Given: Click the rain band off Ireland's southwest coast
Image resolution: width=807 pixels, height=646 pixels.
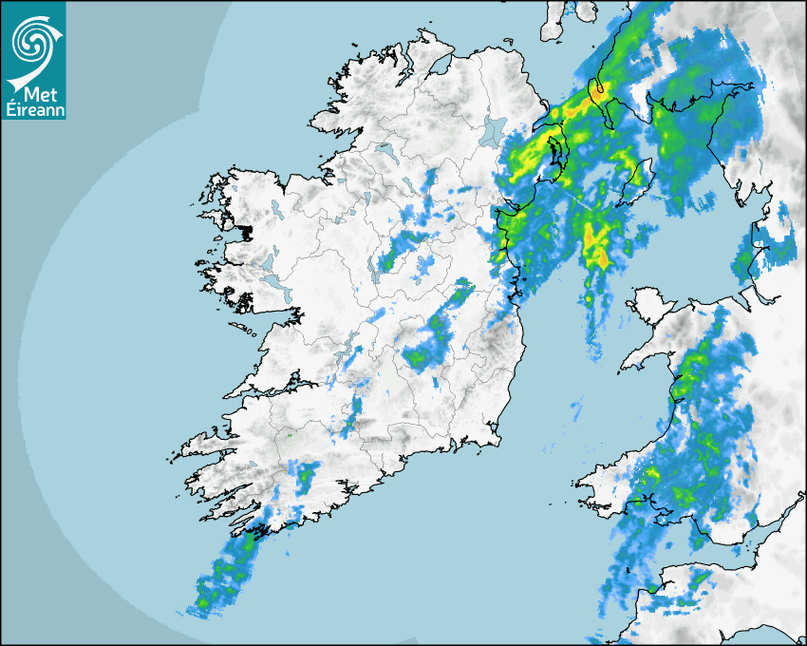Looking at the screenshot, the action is [226, 575].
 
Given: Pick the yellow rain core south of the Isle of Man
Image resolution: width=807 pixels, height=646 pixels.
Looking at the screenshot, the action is [598, 244].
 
